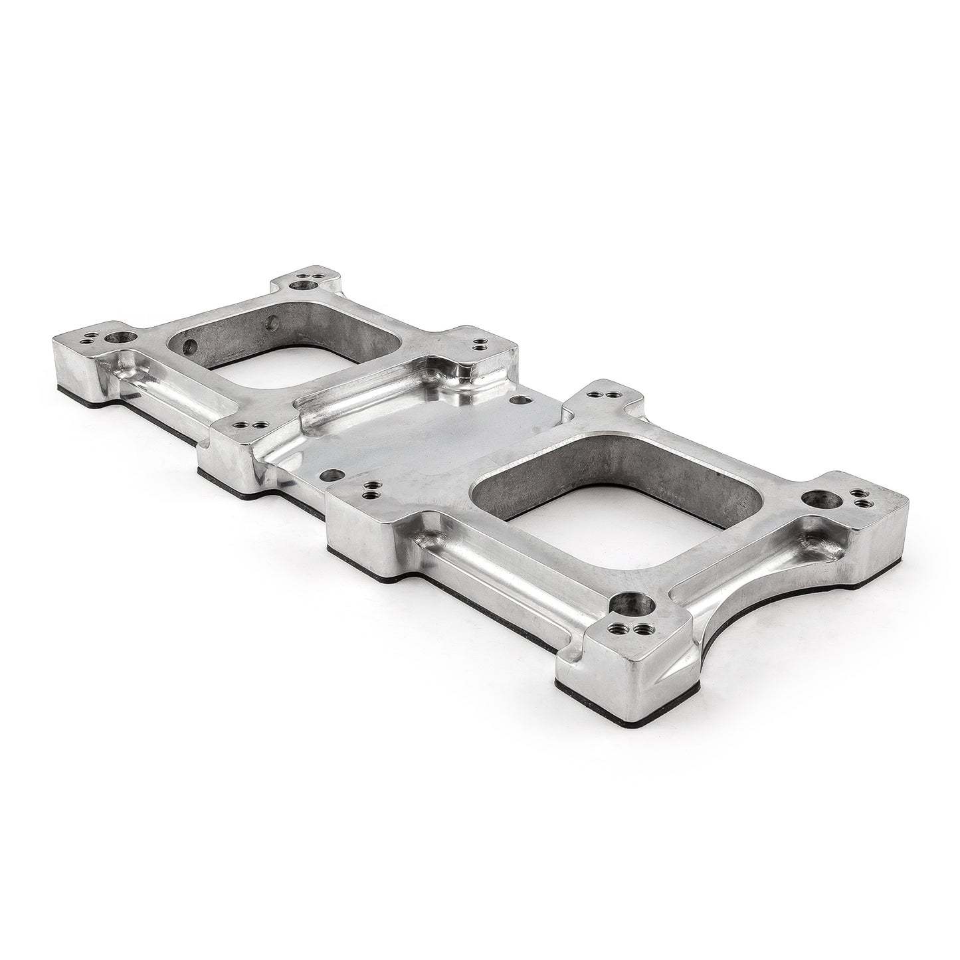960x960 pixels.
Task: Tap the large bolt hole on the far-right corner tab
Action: pos(813,498)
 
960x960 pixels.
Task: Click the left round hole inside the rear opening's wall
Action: pos(190,345)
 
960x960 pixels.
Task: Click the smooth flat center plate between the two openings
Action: pos(425,438)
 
